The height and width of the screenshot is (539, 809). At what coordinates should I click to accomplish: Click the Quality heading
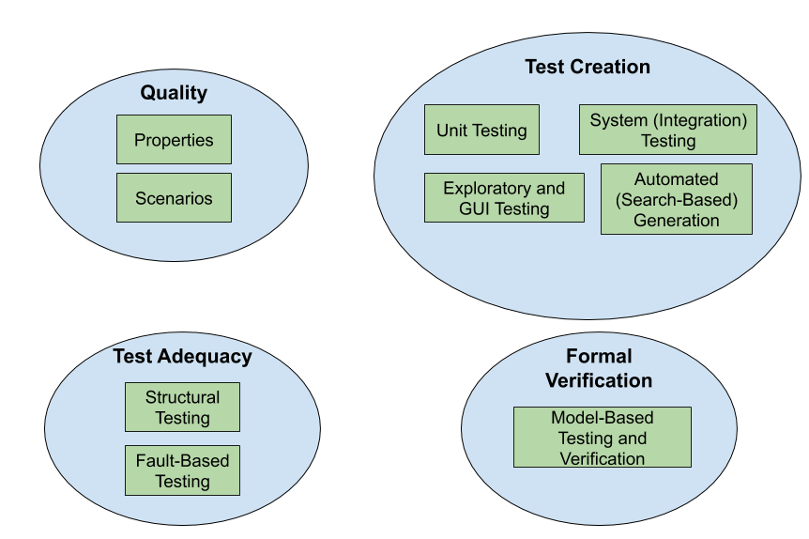click(x=174, y=93)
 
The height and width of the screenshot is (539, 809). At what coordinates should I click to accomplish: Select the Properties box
click(x=174, y=139)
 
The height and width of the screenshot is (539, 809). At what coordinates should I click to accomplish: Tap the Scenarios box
click(x=174, y=198)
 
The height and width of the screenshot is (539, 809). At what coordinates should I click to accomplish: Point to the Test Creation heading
click(x=588, y=67)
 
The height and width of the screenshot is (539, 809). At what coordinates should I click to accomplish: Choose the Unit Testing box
click(x=481, y=130)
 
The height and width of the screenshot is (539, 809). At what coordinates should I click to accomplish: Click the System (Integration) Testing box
click(x=668, y=130)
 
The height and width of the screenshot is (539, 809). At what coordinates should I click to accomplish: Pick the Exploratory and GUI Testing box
click(x=505, y=198)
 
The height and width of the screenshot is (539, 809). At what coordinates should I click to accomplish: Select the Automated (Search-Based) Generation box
click(x=677, y=199)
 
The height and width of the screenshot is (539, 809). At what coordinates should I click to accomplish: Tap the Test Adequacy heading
click(x=183, y=357)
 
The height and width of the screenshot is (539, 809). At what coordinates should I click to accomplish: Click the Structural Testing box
click(x=183, y=407)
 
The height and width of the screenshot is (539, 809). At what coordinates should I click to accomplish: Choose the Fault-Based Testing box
click(x=183, y=470)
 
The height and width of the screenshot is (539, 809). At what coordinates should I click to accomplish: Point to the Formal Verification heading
click(x=599, y=368)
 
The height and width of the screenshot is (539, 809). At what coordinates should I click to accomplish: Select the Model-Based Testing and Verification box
click(x=603, y=438)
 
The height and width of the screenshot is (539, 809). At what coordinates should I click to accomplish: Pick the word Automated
click(x=677, y=179)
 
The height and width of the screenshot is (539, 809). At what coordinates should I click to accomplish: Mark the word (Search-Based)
click(x=677, y=200)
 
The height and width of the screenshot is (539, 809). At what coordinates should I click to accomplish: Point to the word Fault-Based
click(x=183, y=460)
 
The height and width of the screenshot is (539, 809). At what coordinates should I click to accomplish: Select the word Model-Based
click(x=603, y=417)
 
